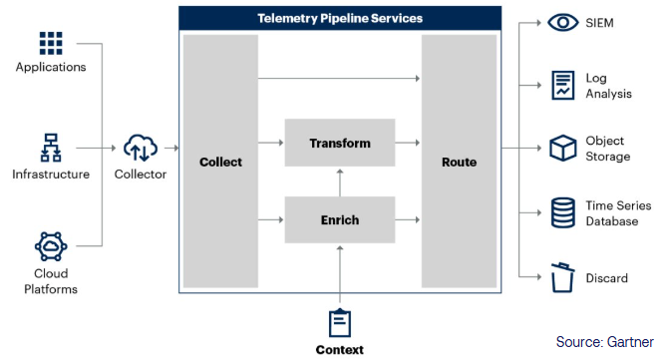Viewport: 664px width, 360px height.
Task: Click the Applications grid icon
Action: pyautogui.click(x=50, y=43)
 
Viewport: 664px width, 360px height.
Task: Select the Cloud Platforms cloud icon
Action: pyautogui.click(x=50, y=246)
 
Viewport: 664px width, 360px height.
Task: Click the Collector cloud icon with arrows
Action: pyautogui.click(x=140, y=150)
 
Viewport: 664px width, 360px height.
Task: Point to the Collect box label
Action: pyautogui.click(x=220, y=162)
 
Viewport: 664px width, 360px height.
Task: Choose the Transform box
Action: pyautogui.click(x=339, y=143)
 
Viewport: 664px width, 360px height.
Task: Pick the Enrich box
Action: pyautogui.click(x=339, y=218)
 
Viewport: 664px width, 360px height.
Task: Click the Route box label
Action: pyautogui.click(x=459, y=162)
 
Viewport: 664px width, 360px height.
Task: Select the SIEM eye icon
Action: pyautogui.click(x=563, y=22)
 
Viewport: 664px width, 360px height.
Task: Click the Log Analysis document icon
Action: pyautogui.click(x=563, y=85)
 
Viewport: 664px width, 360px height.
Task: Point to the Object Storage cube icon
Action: pyautogui.click(x=563, y=149)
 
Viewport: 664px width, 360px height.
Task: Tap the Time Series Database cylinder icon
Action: pyautogui.click(x=563, y=212)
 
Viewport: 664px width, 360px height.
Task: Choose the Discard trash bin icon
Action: pyautogui.click(x=563, y=277)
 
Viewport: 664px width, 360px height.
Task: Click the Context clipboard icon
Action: pyautogui.click(x=340, y=322)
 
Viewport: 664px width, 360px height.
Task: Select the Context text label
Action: pyautogui.click(x=340, y=349)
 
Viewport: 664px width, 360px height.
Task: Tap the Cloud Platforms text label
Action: pyautogui.click(x=50, y=282)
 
